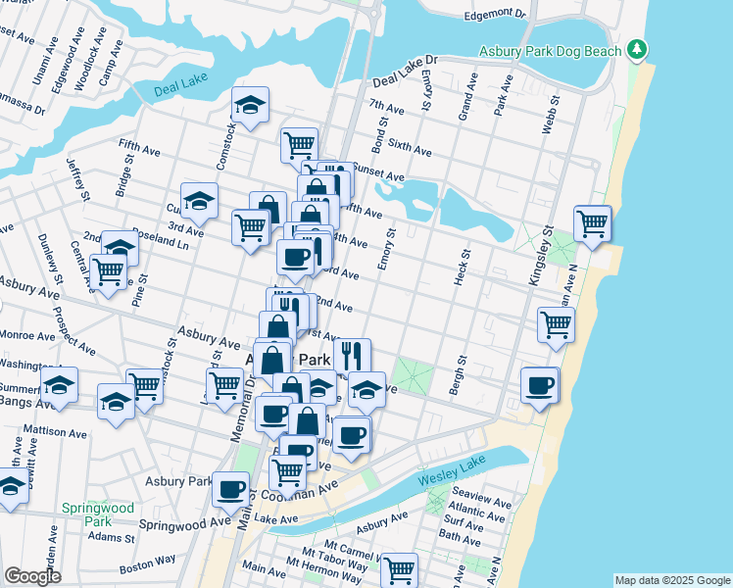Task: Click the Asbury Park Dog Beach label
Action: click(551, 51)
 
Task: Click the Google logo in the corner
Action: click(32, 576)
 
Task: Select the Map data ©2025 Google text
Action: click(672, 580)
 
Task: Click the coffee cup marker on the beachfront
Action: click(539, 385)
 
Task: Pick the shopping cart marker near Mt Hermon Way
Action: click(399, 568)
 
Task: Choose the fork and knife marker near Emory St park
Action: click(352, 355)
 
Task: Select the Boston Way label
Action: click(147, 564)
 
